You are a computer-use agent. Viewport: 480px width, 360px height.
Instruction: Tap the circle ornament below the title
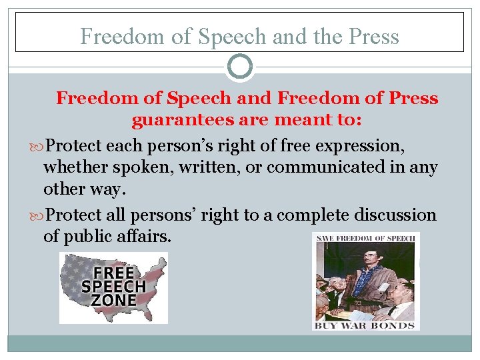[x=240, y=67]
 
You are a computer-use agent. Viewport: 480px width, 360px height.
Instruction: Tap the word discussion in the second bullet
[x=395, y=215]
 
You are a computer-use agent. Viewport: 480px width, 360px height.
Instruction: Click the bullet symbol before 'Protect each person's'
[x=39, y=145]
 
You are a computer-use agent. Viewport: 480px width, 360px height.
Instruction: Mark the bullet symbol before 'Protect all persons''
[x=39, y=215]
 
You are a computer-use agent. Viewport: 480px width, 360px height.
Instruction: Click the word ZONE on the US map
[x=113, y=300]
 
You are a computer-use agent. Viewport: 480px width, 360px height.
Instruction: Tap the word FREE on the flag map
[x=113, y=273]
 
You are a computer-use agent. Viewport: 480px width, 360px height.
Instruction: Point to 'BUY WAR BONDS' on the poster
[x=365, y=325]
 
